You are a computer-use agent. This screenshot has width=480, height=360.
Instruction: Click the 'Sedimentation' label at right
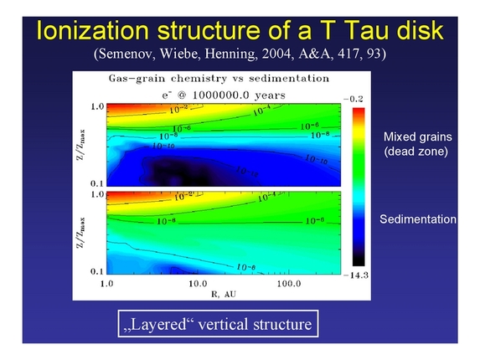tap(417, 219)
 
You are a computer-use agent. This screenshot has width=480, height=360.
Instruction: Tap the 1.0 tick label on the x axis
tap(105, 285)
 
